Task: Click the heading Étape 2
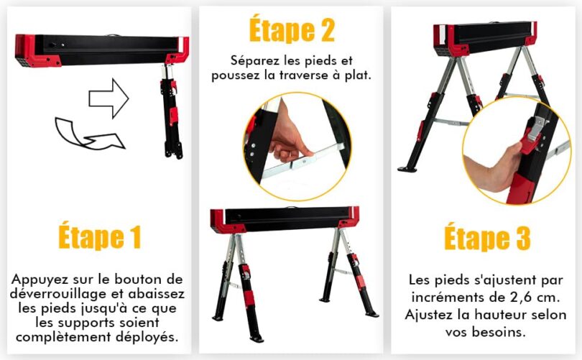[291, 31]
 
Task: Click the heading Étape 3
[486, 238]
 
